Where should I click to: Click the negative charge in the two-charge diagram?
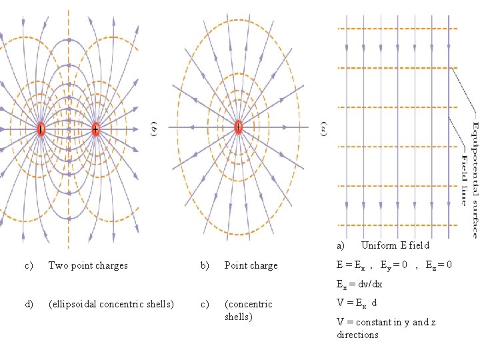41,129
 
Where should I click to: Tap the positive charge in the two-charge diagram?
95,129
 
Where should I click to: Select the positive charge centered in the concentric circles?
238,127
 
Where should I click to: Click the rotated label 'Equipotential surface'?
474,179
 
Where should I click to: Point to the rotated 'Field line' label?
464,179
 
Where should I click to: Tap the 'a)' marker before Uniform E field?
341,245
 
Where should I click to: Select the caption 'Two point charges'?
88,265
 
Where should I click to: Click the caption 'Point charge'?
251,265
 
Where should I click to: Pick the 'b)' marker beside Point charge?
205,265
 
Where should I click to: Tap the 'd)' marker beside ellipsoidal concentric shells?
29,304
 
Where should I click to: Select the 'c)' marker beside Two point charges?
29,265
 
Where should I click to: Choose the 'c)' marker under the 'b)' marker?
205,304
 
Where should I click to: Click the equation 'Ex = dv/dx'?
360,285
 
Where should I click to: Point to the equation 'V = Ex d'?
357,303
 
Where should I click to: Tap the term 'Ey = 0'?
393,265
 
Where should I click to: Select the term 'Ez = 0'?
439,265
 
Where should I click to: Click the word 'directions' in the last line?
357,335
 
